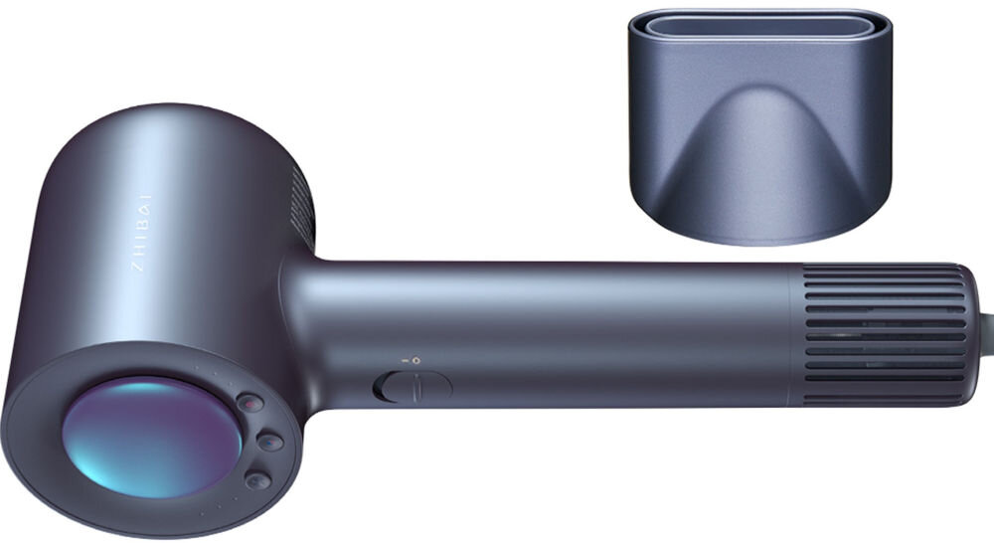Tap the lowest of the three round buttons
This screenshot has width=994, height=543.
tap(257, 480)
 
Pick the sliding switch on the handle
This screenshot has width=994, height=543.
tap(413, 387)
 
